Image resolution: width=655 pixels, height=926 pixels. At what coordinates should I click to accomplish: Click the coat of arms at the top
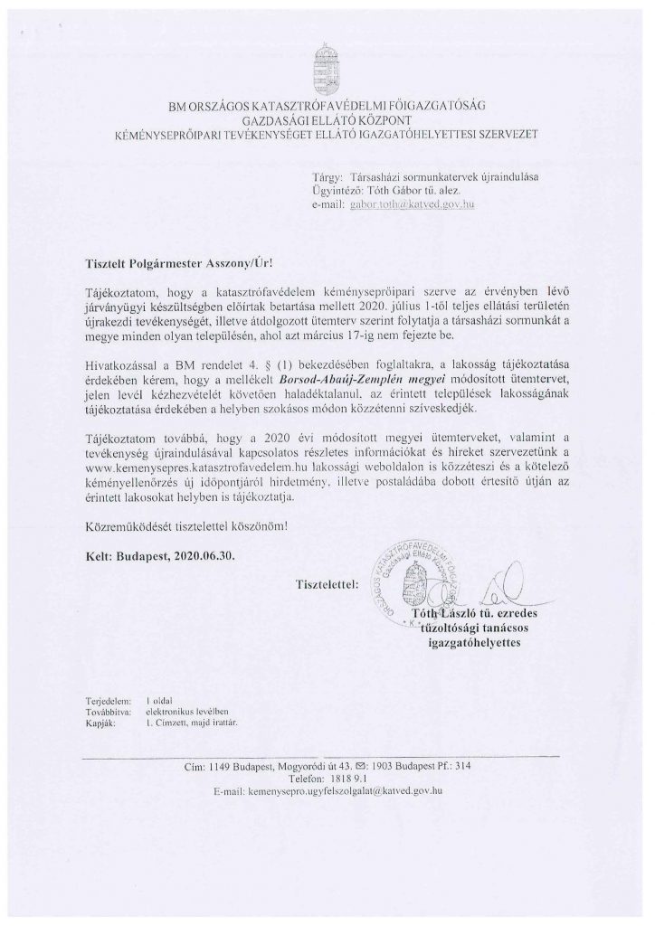pos(327,64)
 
